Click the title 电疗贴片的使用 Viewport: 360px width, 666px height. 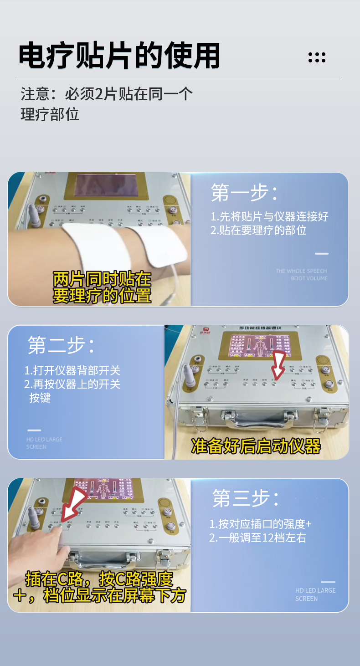pos(119,56)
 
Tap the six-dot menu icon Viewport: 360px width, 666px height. pos(317,57)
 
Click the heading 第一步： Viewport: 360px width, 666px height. pos(244,193)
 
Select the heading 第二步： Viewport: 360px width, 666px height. pos(61,345)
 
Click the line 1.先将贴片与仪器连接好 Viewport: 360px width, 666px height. pos(269,216)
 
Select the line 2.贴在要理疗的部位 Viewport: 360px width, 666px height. pos(258,230)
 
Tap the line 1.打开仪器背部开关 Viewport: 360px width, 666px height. pos(72,370)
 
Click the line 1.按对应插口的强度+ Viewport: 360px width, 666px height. pos(260,524)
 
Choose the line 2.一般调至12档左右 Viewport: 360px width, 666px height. pos(257,538)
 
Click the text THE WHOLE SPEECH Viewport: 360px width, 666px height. pos(301,271)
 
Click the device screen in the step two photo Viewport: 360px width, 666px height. pos(258,347)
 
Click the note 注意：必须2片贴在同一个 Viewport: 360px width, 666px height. pos(107,94)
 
